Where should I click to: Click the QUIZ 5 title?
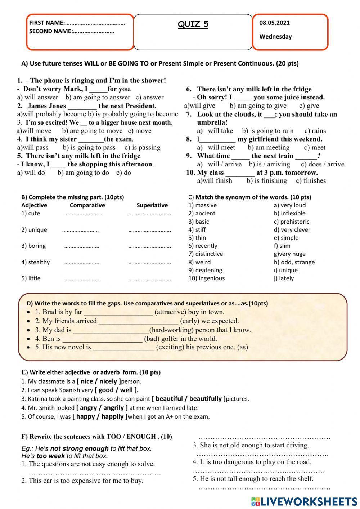[193, 24]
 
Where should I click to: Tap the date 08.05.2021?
[274, 23]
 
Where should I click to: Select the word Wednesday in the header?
[275, 36]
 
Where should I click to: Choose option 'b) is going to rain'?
[268, 131]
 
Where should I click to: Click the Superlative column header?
[152, 205]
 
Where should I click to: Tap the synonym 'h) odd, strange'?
[294, 262]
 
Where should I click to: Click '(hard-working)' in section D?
[170, 330]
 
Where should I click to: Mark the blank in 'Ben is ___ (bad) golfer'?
[102, 339]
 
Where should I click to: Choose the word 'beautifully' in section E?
[205, 399]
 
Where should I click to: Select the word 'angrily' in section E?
[114, 408]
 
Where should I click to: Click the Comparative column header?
[87, 205]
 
